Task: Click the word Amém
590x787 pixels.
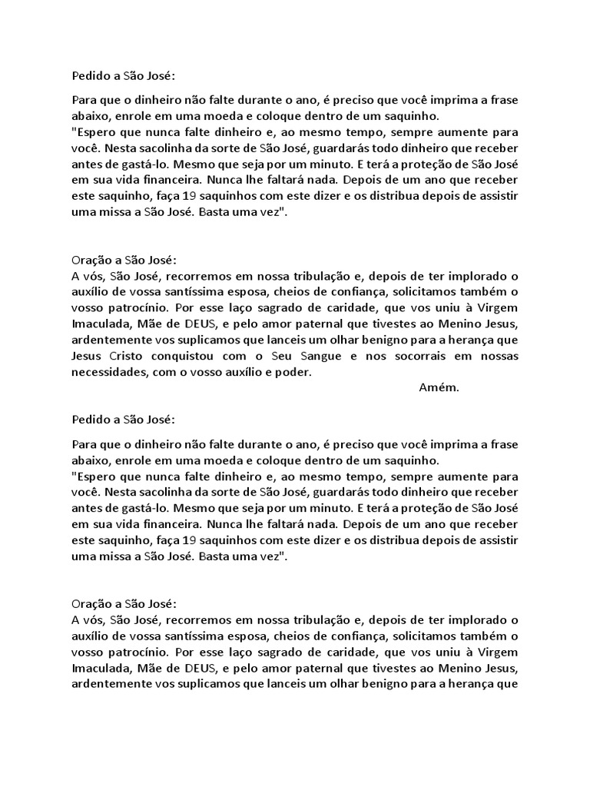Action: tap(439, 387)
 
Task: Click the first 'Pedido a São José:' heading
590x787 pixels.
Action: tap(124, 76)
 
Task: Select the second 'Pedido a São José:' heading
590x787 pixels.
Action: tap(124, 420)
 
